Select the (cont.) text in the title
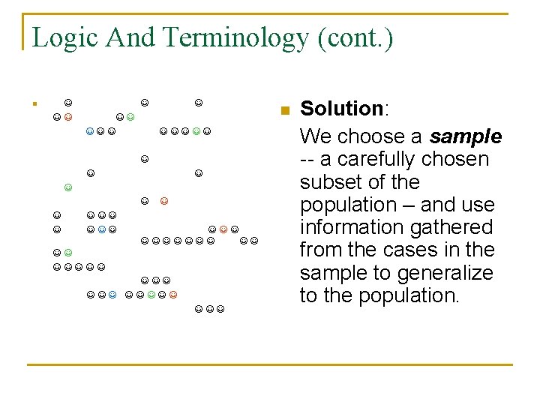pos(355,37)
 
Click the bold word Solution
pos(341,109)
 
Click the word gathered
pos(457,227)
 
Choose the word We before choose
pos(313,136)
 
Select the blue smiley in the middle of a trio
pos(100,229)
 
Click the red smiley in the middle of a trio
pos(223,229)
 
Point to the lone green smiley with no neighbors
pos(68,187)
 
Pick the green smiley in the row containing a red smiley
pos(151,295)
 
